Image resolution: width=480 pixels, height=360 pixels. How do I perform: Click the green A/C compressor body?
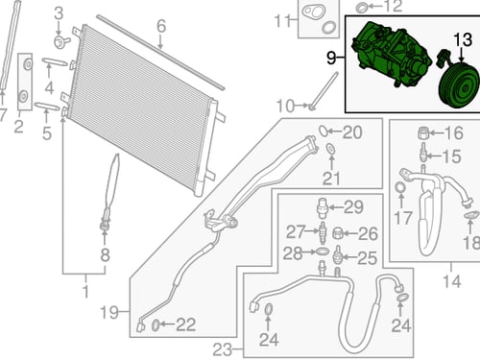tap(391, 55)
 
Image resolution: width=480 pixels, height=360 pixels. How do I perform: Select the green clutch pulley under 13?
tap(459, 85)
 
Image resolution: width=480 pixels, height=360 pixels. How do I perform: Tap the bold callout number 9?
tap(331, 58)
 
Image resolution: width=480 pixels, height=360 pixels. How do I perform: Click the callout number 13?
tap(463, 39)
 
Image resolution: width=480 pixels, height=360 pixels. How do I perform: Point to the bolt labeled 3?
tap(60, 42)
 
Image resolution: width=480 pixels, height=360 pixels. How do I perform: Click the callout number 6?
tap(161, 26)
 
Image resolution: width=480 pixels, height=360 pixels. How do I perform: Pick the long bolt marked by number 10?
tap(324, 91)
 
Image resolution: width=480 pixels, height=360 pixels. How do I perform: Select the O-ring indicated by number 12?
tap(361, 7)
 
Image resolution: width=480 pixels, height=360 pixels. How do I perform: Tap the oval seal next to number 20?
tap(323, 131)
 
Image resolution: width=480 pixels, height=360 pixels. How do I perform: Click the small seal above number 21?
tap(330, 149)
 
